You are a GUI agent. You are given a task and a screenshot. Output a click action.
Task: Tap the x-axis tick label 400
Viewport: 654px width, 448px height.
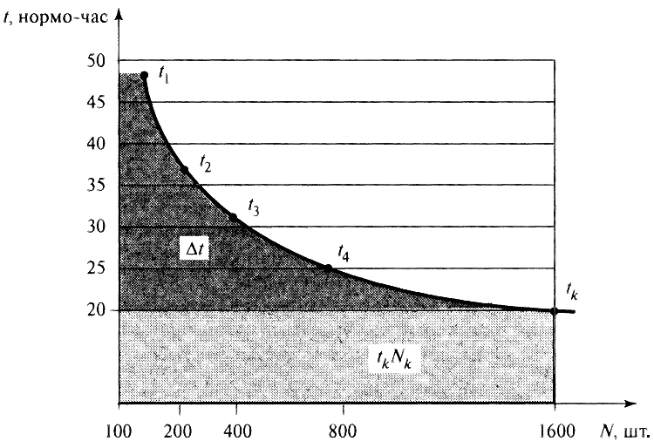pos(236,431)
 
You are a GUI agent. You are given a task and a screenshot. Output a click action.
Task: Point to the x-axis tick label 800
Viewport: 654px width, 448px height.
pos(344,431)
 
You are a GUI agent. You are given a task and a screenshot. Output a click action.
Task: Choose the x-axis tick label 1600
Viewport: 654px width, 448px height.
pos(553,431)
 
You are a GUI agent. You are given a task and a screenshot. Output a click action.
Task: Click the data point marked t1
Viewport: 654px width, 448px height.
pos(144,76)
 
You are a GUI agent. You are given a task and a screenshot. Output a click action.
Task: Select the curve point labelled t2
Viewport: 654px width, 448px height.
pos(184,169)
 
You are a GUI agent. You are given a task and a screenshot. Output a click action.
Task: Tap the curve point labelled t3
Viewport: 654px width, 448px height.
pos(233,217)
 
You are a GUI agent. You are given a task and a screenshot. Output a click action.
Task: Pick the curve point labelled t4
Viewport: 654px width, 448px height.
pos(328,268)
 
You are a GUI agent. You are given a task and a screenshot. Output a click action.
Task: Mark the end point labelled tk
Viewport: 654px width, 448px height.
pos(554,310)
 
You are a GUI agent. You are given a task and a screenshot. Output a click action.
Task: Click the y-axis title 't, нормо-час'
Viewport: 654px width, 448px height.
pos(59,17)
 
